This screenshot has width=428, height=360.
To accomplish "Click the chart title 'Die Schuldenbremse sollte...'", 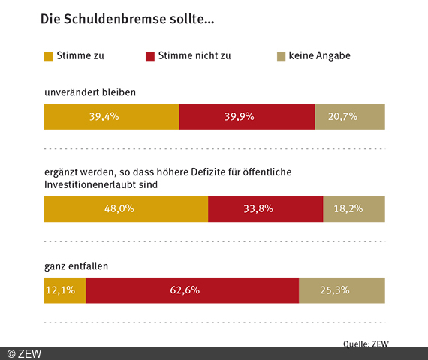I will pos(127,19).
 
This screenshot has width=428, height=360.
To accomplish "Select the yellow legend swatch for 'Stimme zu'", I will pos(49,56).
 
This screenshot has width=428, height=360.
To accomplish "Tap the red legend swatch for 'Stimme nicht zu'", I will pos(149,56).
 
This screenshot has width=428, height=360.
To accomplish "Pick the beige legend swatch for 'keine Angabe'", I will pos(282,56).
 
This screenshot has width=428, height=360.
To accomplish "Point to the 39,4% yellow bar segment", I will pos(111,117).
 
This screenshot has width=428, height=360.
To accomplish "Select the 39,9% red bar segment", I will pos(246,117).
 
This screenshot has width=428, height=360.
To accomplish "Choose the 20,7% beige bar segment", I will pos(350,117).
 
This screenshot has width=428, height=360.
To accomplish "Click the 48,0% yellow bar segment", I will pos(126,208).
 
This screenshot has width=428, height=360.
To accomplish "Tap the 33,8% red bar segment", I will pos(265,208).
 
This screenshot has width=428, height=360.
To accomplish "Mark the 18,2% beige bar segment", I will pos(354,208).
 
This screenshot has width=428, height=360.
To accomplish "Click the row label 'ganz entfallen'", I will pos(77,265).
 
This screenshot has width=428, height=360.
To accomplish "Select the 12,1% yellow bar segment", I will pos(65,290).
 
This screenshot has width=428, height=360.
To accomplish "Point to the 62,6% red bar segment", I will pos(192,290).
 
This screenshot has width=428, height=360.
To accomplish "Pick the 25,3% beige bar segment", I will pos(342,290).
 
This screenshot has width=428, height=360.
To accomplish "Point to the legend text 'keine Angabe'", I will pos(320,56).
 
